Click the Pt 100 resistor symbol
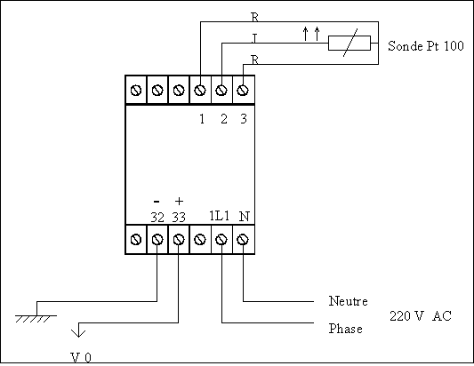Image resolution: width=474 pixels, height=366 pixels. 349,43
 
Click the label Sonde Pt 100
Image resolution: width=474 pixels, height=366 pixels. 426,46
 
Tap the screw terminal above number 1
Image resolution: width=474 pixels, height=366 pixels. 200,90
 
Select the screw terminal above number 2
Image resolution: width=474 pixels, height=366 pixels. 221,90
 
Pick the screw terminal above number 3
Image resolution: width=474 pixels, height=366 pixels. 243,90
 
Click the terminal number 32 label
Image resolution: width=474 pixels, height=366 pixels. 157,217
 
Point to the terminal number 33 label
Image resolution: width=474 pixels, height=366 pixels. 179,217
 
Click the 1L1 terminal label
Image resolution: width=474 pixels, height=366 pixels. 220,216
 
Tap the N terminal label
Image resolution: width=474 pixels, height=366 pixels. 245,216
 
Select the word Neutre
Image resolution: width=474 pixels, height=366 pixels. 349,301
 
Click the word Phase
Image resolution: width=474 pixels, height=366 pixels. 346,329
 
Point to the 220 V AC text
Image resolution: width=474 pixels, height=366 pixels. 421,316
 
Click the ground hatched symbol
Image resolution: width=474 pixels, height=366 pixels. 36,319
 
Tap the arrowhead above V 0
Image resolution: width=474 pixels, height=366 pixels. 78,333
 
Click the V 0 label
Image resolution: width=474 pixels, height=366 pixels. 81,357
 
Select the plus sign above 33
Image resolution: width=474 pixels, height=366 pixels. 180,201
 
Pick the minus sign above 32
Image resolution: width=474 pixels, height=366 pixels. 157,201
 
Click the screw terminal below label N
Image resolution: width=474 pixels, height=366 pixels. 243,240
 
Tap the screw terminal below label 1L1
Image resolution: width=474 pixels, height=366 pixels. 221,240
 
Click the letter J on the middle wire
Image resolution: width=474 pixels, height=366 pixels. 254,38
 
